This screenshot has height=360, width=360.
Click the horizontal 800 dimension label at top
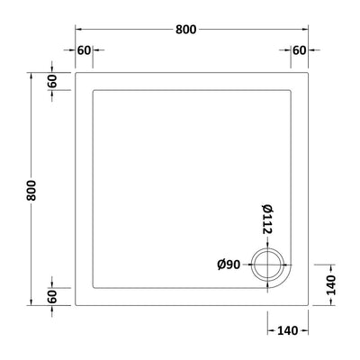coord(185,30)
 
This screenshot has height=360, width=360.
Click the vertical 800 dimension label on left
coord(31,191)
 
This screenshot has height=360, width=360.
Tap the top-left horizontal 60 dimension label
coord(84,50)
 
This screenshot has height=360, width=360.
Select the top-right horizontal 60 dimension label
coord(300,50)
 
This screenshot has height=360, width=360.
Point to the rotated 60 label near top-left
coord(52,81)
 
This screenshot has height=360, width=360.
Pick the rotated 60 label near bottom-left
coord(52,296)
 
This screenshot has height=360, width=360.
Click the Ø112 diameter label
coord(267,219)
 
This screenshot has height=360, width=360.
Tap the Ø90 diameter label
coord(229,265)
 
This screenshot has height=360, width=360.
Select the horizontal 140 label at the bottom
coord(287,330)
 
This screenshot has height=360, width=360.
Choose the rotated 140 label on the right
coord(331,285)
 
